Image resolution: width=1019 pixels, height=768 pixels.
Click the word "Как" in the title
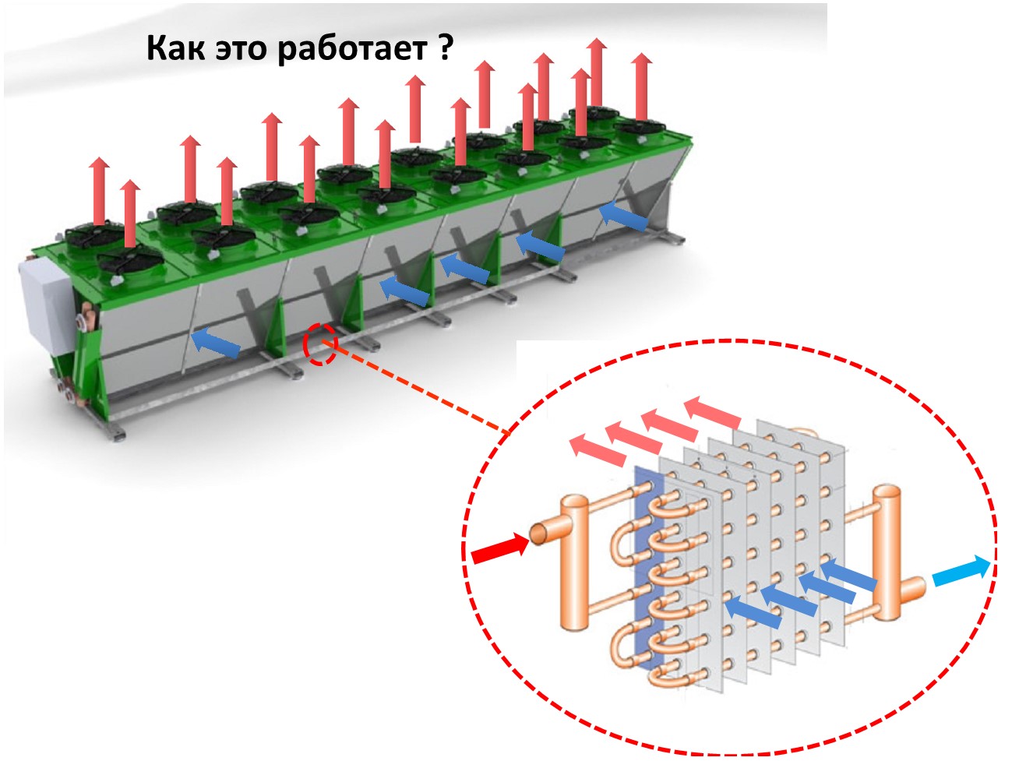(x=176, y=48)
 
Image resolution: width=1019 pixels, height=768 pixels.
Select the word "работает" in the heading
(x=351, y=49)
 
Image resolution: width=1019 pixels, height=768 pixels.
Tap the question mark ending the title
(x=445, y=48)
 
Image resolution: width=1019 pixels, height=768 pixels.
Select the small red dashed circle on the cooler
(x=320, y=345)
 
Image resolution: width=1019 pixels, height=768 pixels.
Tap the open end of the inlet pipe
(x=538, y=534)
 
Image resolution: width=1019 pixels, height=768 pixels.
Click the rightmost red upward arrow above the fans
(x=641, y=86)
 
